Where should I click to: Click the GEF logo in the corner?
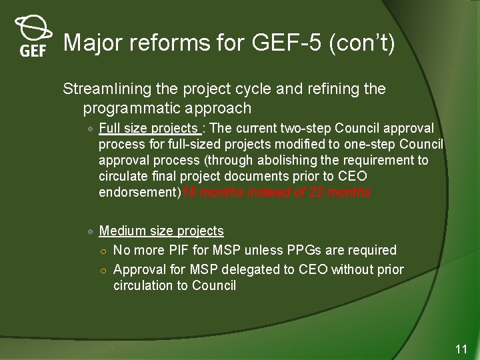[x=33, y=37]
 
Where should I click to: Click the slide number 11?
[x=461, y=349]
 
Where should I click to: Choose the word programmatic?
[x=142, y=108]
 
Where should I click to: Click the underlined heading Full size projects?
[x=148, y=128]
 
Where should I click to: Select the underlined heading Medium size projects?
[x=161, y=231]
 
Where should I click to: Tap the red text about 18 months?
[x=277, y=193]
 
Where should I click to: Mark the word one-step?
[x=375, y=144]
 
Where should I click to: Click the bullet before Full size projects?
[x=90, y=129]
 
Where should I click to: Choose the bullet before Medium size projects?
[x=90, y=231]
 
